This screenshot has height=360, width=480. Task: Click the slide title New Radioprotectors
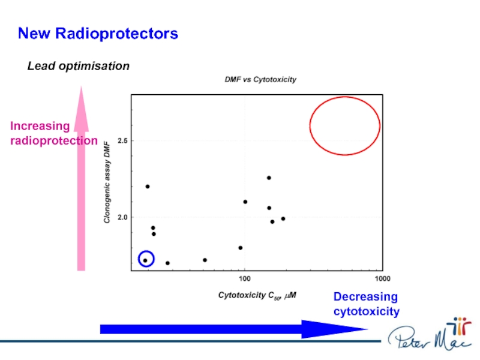pyautogui.click(x=98, y=34)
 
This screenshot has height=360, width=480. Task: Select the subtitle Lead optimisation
pyautogui.click(x=79, y=66)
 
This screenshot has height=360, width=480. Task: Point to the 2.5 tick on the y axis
pyautogui.click(x=122, y=141)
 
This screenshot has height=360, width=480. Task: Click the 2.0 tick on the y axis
pyautogui.click(x=122, y=217)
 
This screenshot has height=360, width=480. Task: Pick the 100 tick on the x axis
pyautogui.click(x=244, y=279)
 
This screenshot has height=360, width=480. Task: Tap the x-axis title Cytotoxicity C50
pyautogui.click(x=257, y=295)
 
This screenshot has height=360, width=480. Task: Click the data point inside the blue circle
pyautogui.click(x=145, y=260)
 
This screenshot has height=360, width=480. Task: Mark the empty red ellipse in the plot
pyautogui.click(x=344, y=126)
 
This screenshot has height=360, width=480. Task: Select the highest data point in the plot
pyautogui.click(x=269, y=178)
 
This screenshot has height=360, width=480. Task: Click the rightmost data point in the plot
pyautogui.click(x=283, y=218)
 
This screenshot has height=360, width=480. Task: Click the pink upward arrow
pyautogui.click(x=82, y=180)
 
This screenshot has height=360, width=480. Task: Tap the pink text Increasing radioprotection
pyautogui.click(x=53, y=133)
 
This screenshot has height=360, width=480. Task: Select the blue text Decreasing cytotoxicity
pyautogui.click(x=366, y=304)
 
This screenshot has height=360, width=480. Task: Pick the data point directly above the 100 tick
pyautogui.click(x=245, y=202)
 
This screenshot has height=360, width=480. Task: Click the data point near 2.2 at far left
pyautogui.click(x=148, y=187)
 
